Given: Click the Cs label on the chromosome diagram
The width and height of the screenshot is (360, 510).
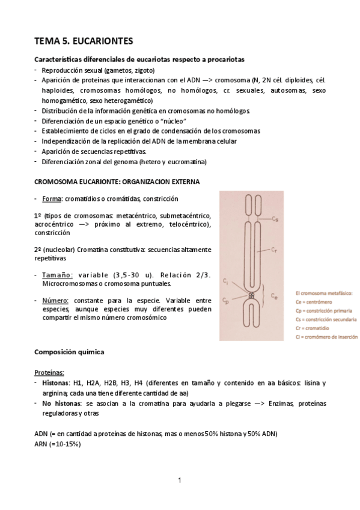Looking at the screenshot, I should pos(273,221).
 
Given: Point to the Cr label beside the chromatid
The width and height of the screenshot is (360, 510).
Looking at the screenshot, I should pos(273,248).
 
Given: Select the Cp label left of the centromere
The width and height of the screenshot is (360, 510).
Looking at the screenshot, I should pos(225,298).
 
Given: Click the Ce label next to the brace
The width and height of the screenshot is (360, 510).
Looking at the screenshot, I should pos(273,296).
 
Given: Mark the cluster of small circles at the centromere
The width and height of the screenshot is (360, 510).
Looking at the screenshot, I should pos(250,296).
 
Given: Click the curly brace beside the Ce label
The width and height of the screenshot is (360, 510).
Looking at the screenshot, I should pos(264,296).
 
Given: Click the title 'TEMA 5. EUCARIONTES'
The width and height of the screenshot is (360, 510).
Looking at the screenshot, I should pos(84,41).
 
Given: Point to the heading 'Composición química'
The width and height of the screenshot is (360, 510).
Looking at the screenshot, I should pos(71,352).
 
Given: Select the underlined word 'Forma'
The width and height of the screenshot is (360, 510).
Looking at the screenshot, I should pos(52,198).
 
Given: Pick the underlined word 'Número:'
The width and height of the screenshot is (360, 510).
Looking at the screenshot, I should pos(56,300).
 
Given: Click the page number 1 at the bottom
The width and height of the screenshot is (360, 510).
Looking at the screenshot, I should pos(180,480).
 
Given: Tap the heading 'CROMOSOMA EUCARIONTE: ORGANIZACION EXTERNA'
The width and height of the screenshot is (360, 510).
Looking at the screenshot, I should pos(117,181).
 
